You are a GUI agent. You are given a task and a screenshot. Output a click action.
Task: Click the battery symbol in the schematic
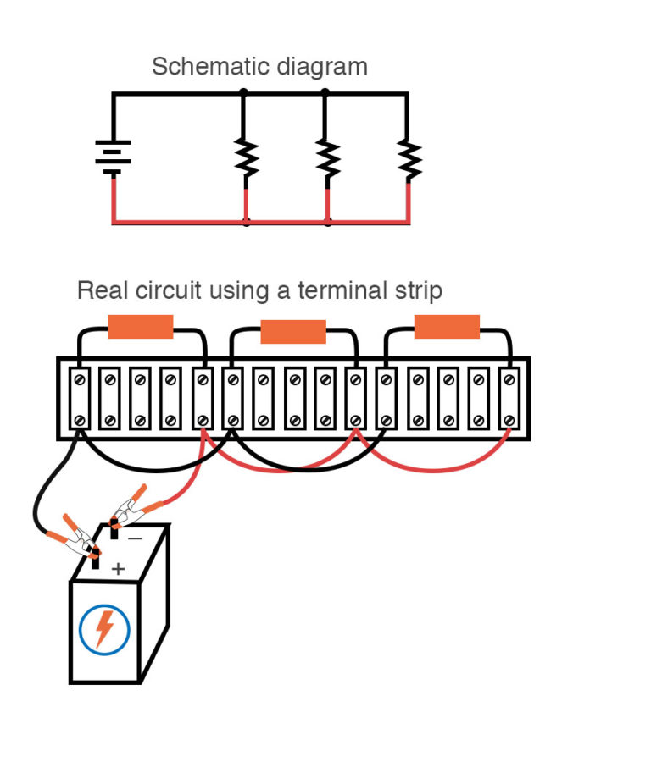pos(113,157)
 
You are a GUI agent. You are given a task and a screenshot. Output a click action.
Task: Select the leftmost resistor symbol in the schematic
pos(246,156)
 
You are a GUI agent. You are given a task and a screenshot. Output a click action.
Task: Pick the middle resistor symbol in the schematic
pos(327,156)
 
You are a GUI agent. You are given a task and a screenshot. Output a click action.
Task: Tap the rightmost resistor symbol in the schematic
pos(409,156)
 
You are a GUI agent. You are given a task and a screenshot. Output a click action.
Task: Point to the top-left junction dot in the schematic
pos(244,92)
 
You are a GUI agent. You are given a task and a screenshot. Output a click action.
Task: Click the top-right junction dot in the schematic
pos(325,92)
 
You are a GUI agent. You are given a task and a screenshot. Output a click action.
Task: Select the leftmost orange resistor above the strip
pos(141,327)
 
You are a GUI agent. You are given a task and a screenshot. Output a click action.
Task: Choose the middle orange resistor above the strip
pos(293,331)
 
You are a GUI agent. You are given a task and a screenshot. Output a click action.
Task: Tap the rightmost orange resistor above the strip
pos(447,327)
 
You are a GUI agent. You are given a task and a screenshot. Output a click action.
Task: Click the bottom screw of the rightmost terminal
pos(509,420)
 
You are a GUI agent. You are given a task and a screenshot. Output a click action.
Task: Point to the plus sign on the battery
pos(118,569)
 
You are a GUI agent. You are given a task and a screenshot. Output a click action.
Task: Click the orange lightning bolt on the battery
pos(104,629)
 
